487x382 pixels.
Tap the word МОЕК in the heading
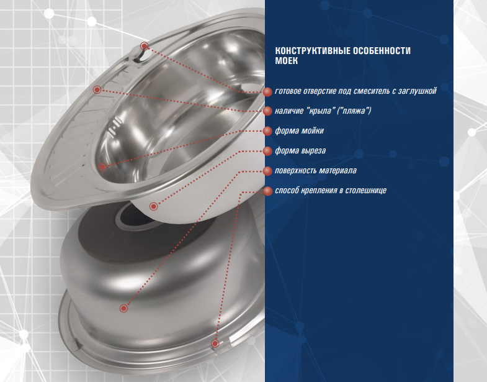tap(287, 61)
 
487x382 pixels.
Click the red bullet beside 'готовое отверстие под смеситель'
tap(267, 92)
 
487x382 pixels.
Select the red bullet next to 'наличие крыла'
tap(267, 111)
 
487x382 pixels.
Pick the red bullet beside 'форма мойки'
tap(267, 131)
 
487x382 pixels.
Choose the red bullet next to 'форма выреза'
tap(267, 151)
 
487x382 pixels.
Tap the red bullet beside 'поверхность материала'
tap(267, 171)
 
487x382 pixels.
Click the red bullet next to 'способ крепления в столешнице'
tap(267, 191)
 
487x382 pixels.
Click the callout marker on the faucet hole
tap(144, 47)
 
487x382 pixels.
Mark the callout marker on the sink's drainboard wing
tap(97, 89)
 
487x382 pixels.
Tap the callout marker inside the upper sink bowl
tap(102, 167)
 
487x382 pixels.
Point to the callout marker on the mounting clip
tap(215, 343)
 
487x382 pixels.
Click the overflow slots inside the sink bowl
tap(114, 127)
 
